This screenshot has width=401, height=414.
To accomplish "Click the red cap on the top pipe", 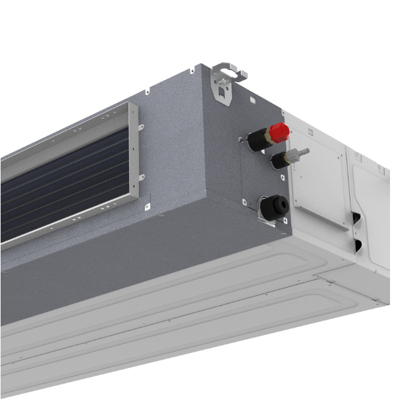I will click(x=279, y=132).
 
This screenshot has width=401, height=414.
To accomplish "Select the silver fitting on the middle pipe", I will click(x=297, y=153).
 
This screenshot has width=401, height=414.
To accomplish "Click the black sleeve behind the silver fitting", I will click(x=279, y=161).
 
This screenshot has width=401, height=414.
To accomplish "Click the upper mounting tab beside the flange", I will click(x=142, y=127).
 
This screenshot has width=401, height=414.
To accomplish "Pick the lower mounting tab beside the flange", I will click(x=142, y=178).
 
